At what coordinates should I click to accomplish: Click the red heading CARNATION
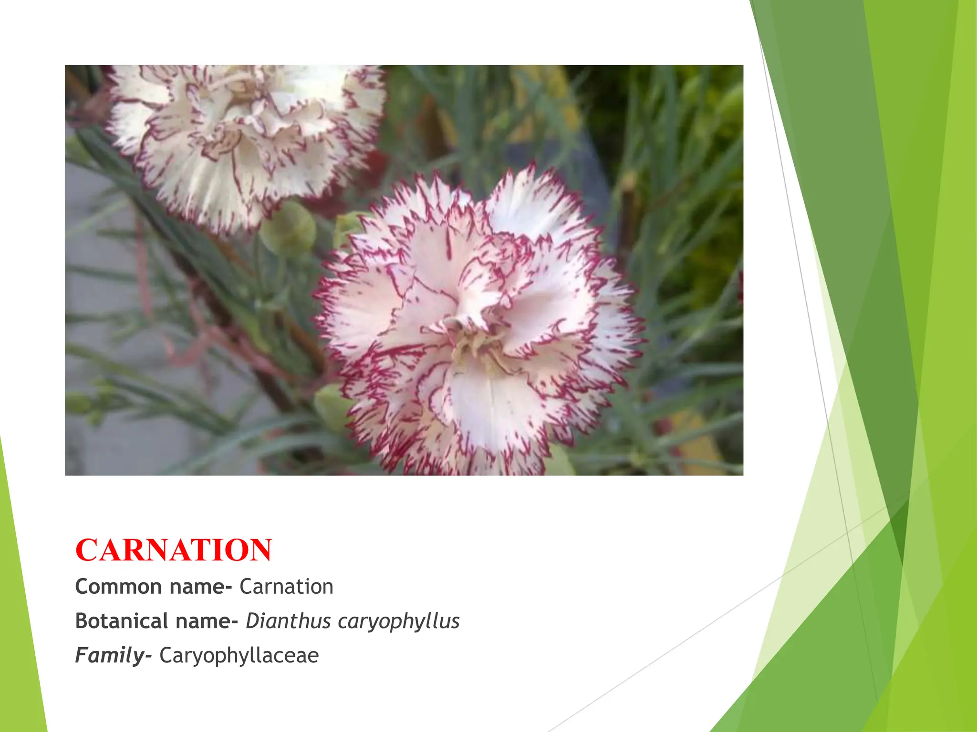pos(174,550)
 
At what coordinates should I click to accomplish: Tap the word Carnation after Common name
pos(286,587)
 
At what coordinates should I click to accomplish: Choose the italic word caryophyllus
pos(399,621)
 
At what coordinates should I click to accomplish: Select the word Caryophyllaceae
pos(239,656)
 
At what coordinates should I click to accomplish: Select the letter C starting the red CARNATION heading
pos(86,550)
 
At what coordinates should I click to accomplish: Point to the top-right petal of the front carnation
pos(539,205)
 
